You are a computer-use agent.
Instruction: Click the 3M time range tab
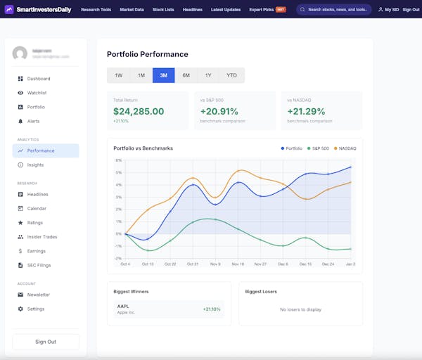coord(163,75)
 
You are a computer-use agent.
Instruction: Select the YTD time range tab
coord(231,75)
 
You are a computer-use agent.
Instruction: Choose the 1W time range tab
coord(118,75)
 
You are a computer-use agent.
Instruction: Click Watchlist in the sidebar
coord(37,93)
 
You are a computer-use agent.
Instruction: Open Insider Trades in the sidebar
coord(42,237)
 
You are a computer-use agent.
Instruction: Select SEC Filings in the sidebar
coord(39,265)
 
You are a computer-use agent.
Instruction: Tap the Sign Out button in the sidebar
coord(46,342)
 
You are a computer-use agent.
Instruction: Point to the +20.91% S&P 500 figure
coord(219,111)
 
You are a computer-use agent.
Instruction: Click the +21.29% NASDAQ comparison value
coord(307,111)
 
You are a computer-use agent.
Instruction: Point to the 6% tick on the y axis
coord(119,160)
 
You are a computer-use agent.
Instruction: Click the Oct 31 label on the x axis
coord(193,264)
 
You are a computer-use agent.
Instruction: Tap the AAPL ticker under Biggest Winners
coord(123,306)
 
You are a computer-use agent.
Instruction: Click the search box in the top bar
coord(333,10)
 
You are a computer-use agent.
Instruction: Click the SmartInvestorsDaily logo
coord(39,10)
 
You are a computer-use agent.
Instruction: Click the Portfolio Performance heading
coord(147,54)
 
